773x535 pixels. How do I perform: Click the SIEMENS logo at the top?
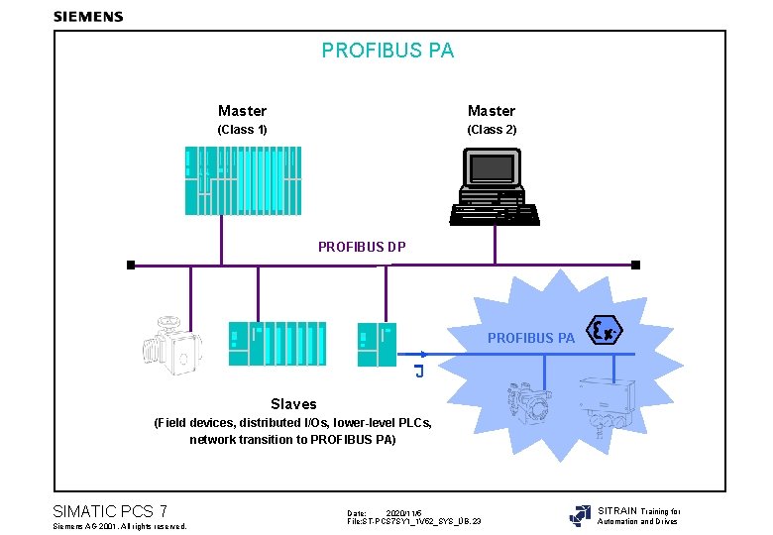tap(88, 16)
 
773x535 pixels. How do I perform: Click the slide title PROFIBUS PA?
tap(387, 51)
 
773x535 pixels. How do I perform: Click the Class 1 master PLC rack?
tap(243, 180)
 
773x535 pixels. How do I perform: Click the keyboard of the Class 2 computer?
tap(493, 213)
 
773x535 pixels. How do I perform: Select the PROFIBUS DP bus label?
tap(362, 247)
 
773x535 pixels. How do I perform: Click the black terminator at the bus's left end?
tap(130, 266)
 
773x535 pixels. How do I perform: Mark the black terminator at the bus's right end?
tap(636, 266)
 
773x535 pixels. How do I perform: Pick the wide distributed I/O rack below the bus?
tap(276, 344)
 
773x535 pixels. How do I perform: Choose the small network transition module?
tap(377, 344)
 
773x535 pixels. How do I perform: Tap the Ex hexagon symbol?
tap(605, 331)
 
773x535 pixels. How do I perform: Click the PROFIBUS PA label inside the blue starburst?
tap(530, 338)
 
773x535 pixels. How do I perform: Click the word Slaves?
tap(293, 404)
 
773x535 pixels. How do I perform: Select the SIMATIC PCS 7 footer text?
tap(109, 511)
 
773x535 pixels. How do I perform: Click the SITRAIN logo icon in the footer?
tap(580, 515)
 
